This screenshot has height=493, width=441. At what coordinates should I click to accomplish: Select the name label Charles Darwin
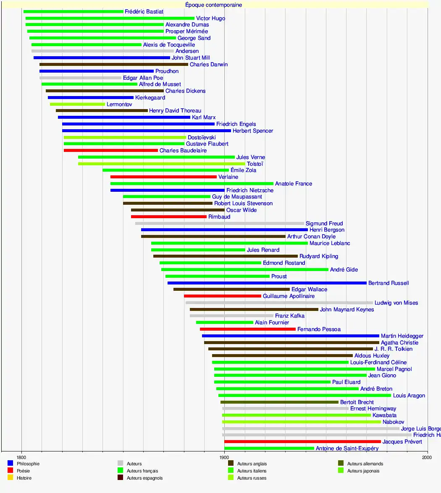point(209,65)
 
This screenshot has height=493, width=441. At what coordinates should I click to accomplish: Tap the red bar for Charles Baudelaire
point(111,151)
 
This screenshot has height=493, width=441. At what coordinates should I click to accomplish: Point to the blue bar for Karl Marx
point(124,117)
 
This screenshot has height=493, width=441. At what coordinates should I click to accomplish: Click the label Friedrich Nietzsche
point(250,190)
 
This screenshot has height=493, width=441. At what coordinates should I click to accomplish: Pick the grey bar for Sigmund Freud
point(219,224)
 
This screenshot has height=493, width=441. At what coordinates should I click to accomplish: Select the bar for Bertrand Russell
point(267,283)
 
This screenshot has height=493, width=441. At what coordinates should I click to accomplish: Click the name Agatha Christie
point(399,343)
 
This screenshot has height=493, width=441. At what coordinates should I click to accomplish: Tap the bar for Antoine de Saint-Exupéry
point(269,449)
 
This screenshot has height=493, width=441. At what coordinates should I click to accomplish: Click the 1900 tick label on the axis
point(224,457)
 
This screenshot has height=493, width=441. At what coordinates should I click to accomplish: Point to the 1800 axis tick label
point(21,457)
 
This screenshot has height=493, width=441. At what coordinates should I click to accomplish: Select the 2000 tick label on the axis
point(427,457)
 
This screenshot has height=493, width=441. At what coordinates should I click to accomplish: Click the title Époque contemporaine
point(213,5)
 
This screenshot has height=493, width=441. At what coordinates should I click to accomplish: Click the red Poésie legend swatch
point(10,471)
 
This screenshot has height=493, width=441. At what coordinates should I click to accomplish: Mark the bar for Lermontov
point(77,104)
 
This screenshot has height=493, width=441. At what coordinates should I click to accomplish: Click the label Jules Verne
point(251,157)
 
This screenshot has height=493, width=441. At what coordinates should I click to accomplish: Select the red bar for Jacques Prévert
point(302,442)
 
